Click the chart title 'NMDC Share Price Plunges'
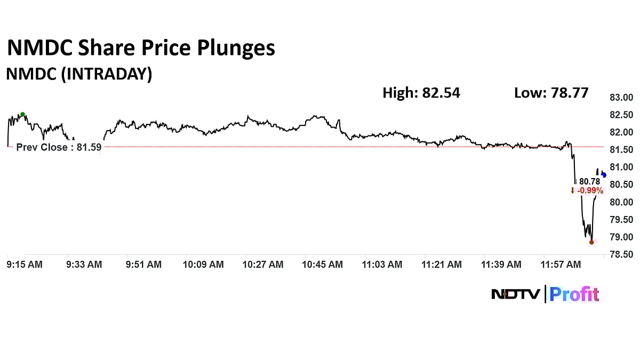pos(141,49)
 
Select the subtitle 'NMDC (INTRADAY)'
pos(79,75)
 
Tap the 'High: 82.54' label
pos(421,93)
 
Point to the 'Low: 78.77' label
pos(551,93)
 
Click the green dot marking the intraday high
pos(22,115)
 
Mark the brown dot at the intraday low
pos(591,242)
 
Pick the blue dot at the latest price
pos(604,175)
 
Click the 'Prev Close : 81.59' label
pos(59,148)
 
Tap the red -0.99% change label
pos(587,190)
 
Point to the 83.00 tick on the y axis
pos(621,98)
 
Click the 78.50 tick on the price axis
pos(621,255)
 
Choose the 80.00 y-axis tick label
pos(621,202)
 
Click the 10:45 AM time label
pos(323,265)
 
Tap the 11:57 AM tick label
pos(561,265)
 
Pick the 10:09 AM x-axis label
pos(204,265)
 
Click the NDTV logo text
pos(515,294)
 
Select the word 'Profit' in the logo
pos(574,294)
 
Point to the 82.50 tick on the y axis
pos(621,115)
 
